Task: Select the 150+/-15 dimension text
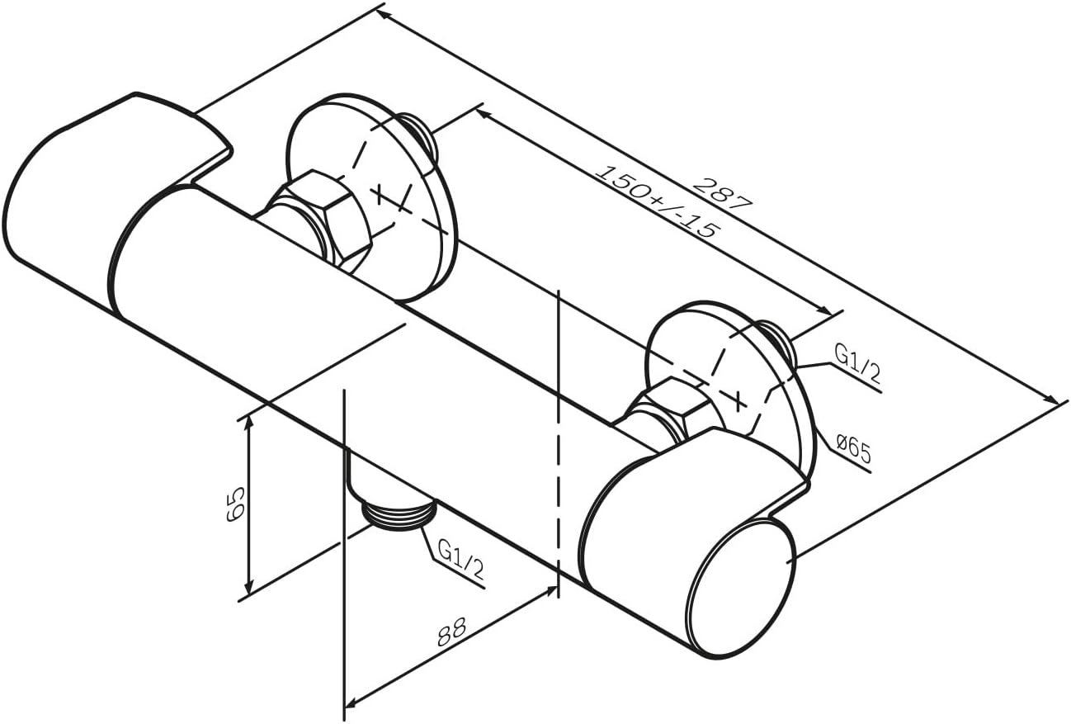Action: click(658, 201)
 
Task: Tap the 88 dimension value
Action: click(451, 632)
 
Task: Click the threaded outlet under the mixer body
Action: click(399, 514)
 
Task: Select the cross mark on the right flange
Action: click(738, 401)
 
